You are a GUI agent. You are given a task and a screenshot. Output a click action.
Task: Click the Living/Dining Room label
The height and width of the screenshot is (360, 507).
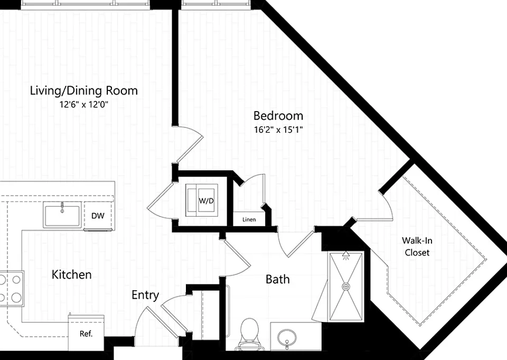(x=84, y=90)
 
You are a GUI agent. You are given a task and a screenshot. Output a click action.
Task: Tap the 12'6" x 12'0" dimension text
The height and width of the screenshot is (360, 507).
(x=83, y=105)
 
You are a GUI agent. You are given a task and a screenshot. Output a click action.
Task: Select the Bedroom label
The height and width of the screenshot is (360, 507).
(x=278, y=116)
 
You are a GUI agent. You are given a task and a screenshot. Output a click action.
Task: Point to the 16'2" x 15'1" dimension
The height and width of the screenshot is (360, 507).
(x=278, y=130)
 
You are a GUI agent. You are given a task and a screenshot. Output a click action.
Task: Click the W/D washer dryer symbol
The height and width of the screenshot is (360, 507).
(x=201, y=201)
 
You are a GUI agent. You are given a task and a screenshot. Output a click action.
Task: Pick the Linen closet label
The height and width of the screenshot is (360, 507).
(x=249, y=219)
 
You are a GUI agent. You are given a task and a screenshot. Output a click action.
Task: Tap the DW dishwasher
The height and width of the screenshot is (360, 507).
(x=98, y=216)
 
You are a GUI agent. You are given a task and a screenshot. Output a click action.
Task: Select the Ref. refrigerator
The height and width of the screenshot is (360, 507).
(x=86, y=333)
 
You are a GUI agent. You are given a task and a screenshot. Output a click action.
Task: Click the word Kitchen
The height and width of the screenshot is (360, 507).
(x=71, y=275)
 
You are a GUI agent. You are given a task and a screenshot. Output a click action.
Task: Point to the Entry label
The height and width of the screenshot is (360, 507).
(x=145, y=296)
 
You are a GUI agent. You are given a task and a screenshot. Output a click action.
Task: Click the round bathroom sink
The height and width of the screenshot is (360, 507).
(x=287, y=337)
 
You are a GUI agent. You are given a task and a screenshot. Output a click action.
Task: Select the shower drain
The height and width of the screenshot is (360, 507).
(x=346, y=287)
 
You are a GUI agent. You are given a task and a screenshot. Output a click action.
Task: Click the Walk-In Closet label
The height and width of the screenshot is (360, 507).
(x=417, y=246)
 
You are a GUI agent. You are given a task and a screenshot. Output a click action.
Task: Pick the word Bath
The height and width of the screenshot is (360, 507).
(x=277, y=279)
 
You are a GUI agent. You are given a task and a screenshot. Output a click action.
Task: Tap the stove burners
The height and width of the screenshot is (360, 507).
(x=12, y=288)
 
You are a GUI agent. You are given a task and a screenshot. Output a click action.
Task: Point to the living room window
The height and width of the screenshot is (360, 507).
(x=86, y=4)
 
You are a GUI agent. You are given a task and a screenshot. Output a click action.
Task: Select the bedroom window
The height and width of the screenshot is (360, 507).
(x=215, y=4)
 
